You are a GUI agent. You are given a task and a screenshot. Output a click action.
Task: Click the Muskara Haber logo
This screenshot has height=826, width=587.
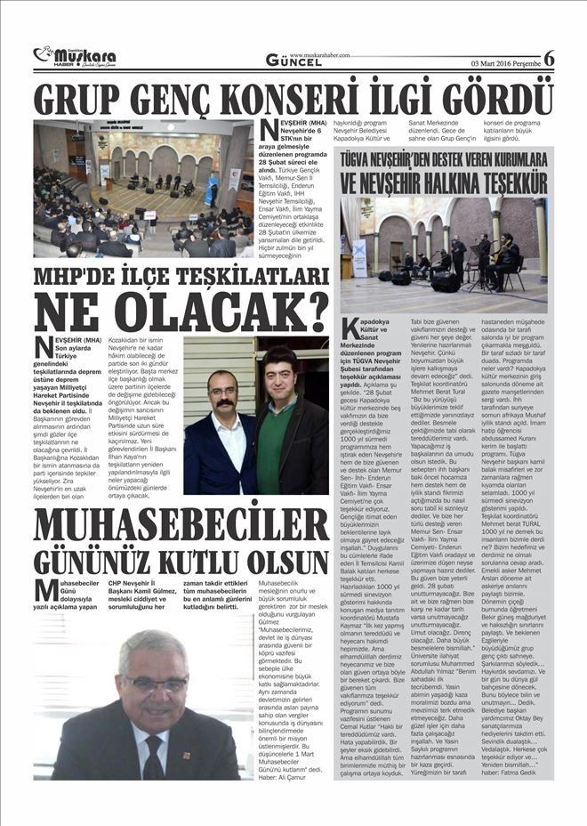point(75,57)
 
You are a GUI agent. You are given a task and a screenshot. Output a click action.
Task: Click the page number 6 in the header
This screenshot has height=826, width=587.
point(549,59)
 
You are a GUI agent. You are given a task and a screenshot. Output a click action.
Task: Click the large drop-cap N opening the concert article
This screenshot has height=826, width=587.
point(269,130)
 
